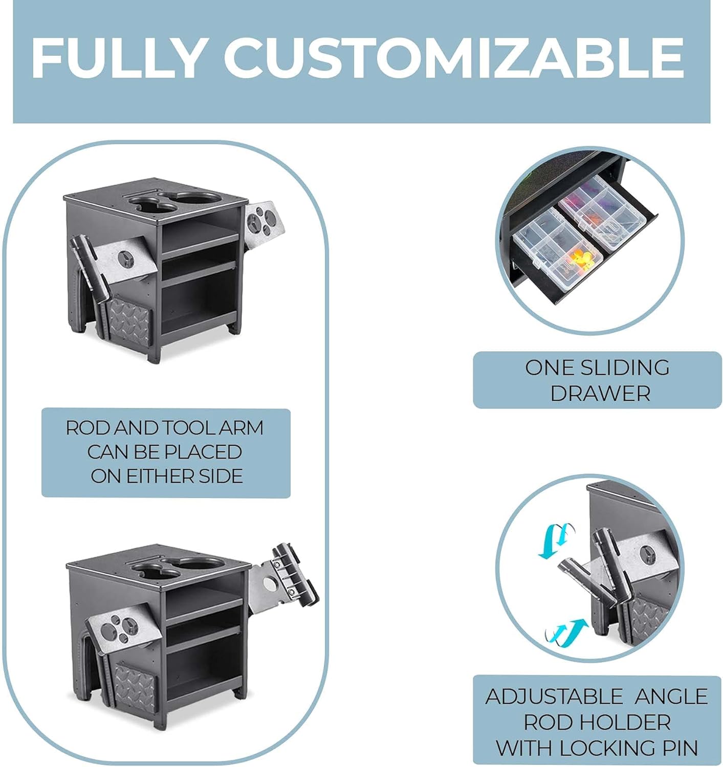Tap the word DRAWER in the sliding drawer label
600,394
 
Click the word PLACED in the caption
205,452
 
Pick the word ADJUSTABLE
554,696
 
